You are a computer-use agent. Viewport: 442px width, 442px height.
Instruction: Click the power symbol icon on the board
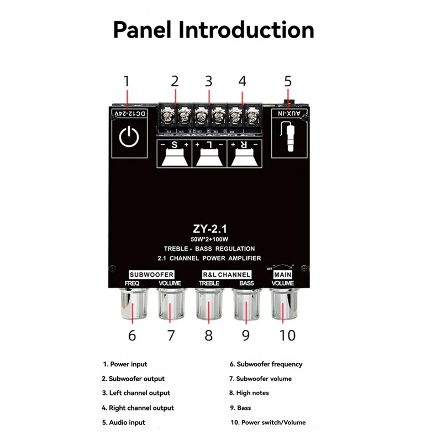click(x=129, y=136)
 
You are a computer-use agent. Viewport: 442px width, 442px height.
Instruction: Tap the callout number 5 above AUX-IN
click(x=287, y=81)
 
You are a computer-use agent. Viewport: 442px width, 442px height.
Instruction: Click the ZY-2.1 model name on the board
click(x=208, y=228)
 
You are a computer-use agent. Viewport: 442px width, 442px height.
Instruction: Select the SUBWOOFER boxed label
click(x=151, y=274)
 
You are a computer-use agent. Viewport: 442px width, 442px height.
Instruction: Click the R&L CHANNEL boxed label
click(x=226, y=274)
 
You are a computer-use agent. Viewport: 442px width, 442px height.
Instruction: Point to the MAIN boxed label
click(x=283, y=274)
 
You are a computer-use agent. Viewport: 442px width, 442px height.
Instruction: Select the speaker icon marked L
click(x=209, y=156)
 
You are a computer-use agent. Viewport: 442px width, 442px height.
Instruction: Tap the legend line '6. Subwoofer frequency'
click(x=266, y=364)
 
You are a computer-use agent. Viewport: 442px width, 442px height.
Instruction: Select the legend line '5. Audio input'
click(x=123, y=422)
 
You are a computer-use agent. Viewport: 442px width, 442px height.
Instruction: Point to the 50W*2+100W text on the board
click(x=208, y=239)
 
